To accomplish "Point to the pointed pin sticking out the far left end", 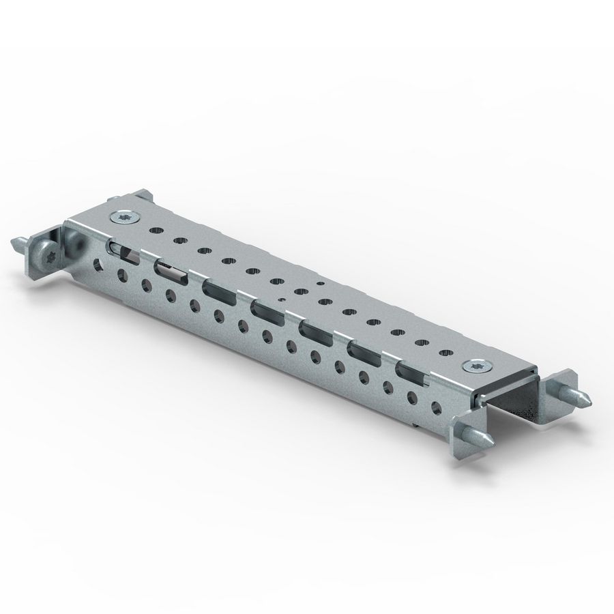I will pos(18,242).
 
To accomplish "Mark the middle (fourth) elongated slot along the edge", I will pos(267,310).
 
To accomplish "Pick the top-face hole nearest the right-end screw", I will pos(445,353).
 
